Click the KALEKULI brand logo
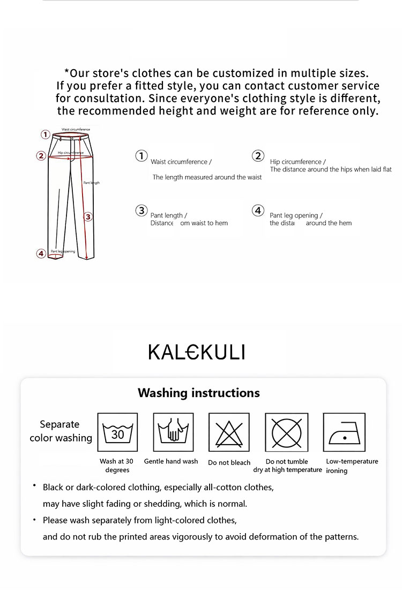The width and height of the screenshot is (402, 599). (x=196, y=352)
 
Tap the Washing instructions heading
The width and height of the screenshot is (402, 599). (x=198, y=393)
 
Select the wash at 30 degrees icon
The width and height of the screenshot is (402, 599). (x=117, y=432)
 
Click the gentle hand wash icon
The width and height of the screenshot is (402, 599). (x=173, y=432)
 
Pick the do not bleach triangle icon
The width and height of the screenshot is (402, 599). (x=229, y=432)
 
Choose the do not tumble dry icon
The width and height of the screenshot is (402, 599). (x=287, y=432)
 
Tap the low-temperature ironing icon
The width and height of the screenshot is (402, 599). (x=344, y=432)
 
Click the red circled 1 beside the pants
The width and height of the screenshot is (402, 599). (x=46, y=134)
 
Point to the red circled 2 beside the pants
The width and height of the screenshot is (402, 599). (x=41, y=156)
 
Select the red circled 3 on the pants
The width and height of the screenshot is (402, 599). (x=88, y=216)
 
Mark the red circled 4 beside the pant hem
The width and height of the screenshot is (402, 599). (x=41, y=253)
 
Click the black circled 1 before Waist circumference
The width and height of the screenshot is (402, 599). (x=141, y=156)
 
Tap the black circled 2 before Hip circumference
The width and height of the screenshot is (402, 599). (x=258, y=156)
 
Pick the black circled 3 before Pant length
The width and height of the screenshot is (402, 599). (x=141, y=210)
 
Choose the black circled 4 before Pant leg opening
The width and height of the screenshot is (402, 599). (x=258, y=210)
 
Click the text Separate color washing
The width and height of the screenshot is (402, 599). (x=60, y=431)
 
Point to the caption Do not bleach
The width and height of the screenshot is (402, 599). (x=229, y=462)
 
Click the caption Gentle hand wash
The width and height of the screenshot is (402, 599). (x=171, y=461)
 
